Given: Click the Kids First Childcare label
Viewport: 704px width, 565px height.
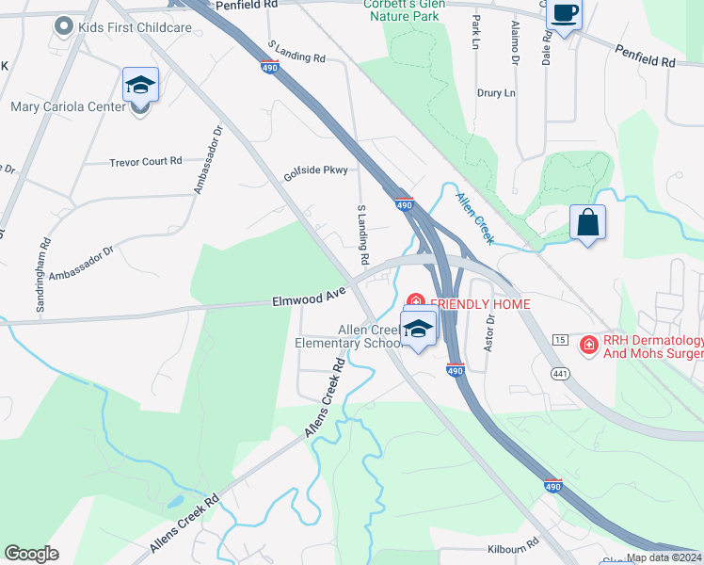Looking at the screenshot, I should coord(136,27).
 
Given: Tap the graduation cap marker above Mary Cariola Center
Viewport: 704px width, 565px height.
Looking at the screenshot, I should coord(140,86).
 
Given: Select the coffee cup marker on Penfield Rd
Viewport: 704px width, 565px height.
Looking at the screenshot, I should coord(564,14).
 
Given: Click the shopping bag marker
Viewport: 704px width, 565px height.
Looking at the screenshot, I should coord(587,223).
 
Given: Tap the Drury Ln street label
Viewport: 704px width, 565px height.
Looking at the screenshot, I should coord(496,93).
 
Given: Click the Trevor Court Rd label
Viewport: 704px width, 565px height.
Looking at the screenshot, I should coord(146,162).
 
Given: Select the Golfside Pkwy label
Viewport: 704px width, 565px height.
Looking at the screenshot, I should coord(316,171).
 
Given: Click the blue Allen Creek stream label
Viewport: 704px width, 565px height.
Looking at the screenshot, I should coord(474,218).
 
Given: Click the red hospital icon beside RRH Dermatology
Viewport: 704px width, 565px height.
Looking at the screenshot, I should coord(588,346).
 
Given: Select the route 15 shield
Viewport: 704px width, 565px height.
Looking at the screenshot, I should coord(560,338).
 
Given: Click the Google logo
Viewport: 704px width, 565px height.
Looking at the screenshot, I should coord(31,553).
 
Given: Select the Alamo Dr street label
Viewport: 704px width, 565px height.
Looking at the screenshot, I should coord(515,44).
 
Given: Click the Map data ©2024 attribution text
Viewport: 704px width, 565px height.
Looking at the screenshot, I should coord(664,557).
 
